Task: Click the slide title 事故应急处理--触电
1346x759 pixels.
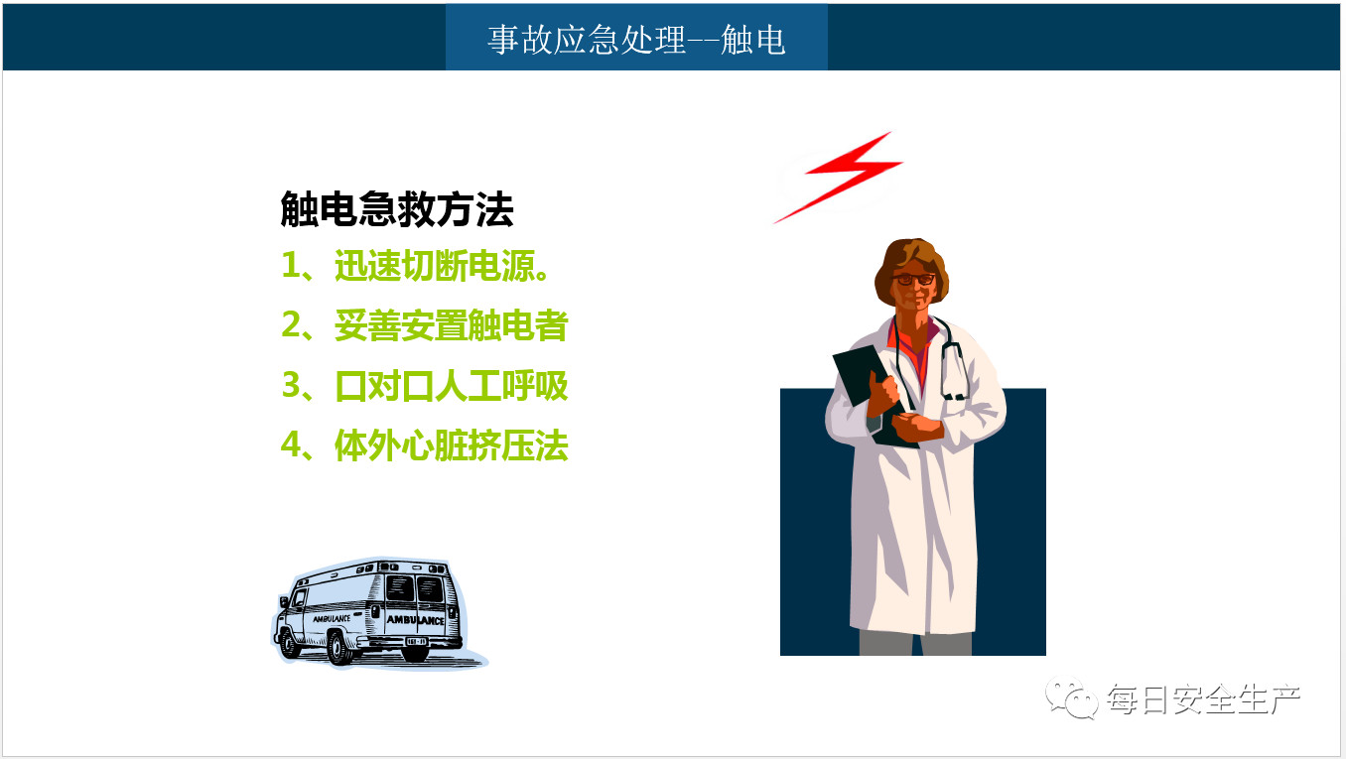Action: (x=636, y=41)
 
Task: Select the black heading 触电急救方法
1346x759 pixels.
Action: (x=397, y=209)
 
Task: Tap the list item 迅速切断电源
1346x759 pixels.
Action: (x=442, y=266)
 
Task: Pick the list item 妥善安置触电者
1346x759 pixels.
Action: (x=452, y=325)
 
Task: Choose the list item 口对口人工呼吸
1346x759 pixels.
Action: (x=452, y=386)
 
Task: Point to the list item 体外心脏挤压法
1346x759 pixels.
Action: (x=452, y=445)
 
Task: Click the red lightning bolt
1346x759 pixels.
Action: (x=838, y=178)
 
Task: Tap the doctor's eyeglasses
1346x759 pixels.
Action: (x=913, y=279)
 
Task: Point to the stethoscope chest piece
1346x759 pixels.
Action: (x=954, y=396)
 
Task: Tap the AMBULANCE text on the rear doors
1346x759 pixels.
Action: (x=415, y=620)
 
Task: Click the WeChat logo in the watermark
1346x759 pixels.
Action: (x=1071, y=697)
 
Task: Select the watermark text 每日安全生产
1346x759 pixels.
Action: (x=1204, y=698)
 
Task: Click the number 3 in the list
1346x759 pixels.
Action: (x=291, y=385)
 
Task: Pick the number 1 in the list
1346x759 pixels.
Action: (x=291, y=265)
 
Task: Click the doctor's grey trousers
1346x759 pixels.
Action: (x=915, y=643)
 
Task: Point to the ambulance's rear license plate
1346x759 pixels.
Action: (x=417, y=642)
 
